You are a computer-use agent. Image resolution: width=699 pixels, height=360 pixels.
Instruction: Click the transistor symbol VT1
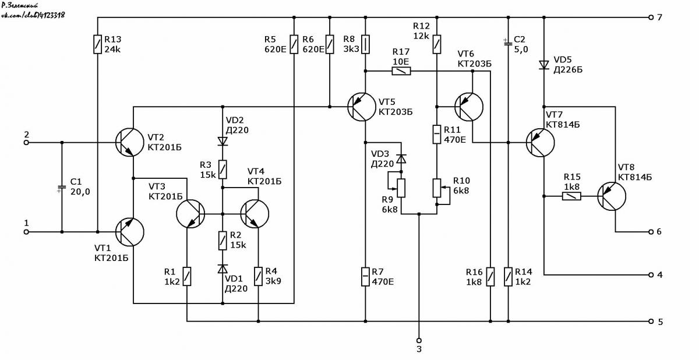click(x=130, y=232)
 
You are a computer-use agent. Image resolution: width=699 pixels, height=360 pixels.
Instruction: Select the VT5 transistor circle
click(x=362, y=107)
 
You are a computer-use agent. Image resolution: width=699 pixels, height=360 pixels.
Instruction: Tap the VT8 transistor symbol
click(x=612, y=196)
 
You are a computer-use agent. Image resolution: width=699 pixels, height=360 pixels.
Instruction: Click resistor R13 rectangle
click(x=98, y=44)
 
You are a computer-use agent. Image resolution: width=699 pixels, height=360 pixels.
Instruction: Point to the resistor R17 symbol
click(x=401, y=71)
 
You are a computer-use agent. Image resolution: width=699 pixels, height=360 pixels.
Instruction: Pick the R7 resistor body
click(x=365, y=276)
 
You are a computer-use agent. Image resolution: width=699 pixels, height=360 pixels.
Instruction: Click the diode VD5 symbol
click(x=544, y=65)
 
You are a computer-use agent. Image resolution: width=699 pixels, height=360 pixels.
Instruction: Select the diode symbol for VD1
click(x=223, y=269)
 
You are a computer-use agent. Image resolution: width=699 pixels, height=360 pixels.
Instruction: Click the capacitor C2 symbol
click(x=508, y=44)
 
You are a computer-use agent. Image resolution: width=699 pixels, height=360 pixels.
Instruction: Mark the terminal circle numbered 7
click(x=651, y=17)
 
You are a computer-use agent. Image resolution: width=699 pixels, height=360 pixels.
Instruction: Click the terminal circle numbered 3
click(x=419, y=340)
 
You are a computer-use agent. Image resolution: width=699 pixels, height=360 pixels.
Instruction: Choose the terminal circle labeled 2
click(x=27, y=143)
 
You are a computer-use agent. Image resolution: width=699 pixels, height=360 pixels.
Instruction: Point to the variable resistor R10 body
click(x=437, y=188)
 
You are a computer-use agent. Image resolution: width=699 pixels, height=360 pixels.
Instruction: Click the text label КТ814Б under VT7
click(x=563, y=125)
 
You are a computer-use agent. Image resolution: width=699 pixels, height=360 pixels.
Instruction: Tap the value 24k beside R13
click(x=112, y=50)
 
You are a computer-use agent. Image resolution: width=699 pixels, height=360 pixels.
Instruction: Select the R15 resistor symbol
click(x=571, y=196)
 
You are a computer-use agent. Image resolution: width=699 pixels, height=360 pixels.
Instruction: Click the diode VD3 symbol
click(x=401, y=159)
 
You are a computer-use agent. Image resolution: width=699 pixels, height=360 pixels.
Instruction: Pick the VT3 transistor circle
click(x=190, y=214)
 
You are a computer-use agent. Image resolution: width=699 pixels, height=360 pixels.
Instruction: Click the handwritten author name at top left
click(x=20, y=5)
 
